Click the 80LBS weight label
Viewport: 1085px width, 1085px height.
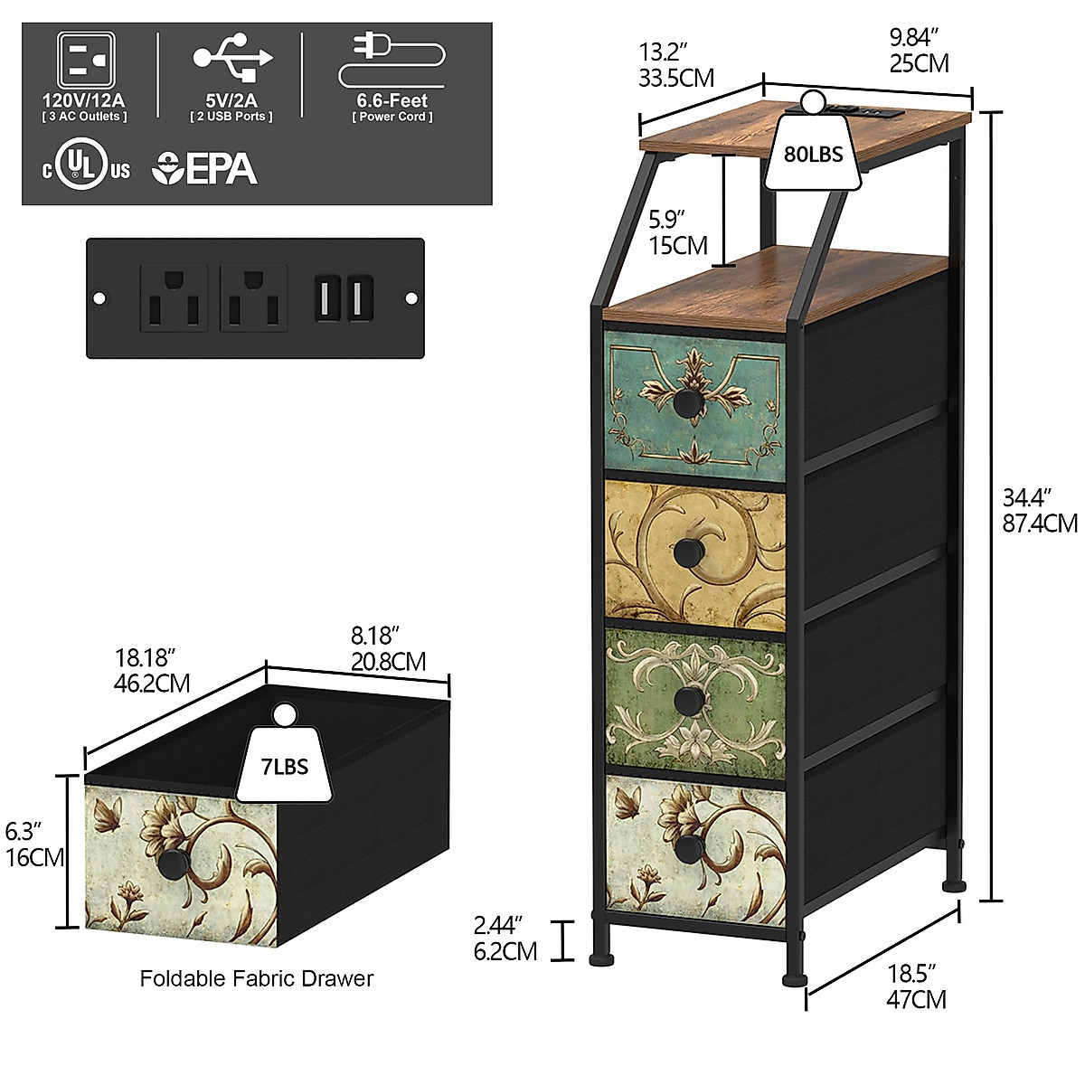(813, 154)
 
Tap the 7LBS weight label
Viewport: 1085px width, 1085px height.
(284, 767)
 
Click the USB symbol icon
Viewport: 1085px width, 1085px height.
(231, 57)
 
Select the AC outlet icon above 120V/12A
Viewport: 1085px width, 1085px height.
(85, 61)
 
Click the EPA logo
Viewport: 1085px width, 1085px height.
(206, 168)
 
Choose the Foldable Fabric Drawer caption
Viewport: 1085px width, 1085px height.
(256, 978)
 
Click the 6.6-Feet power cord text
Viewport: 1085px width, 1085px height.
(392, 101)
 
